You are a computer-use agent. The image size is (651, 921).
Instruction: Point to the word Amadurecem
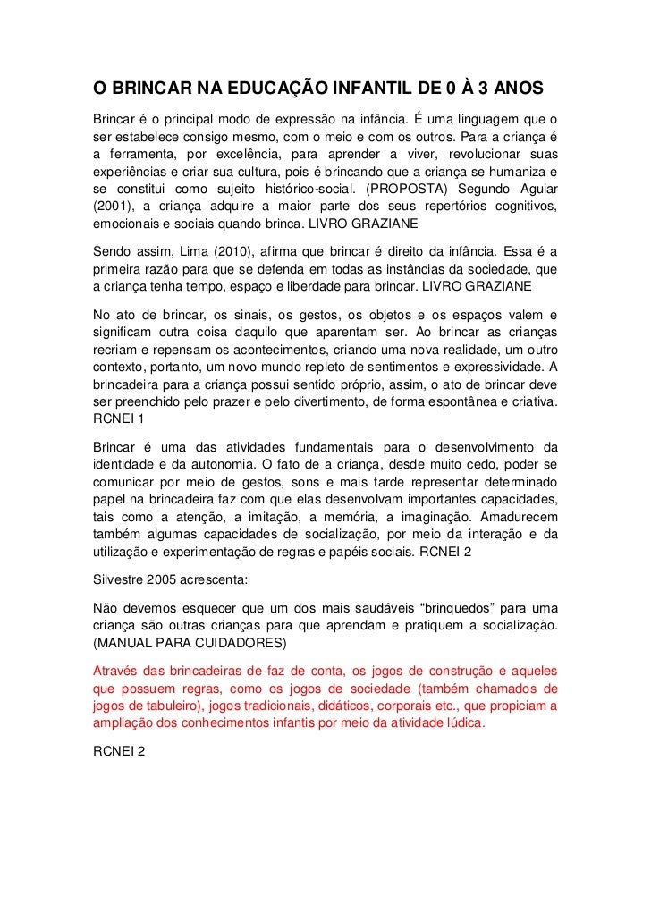[x=519, y=519]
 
